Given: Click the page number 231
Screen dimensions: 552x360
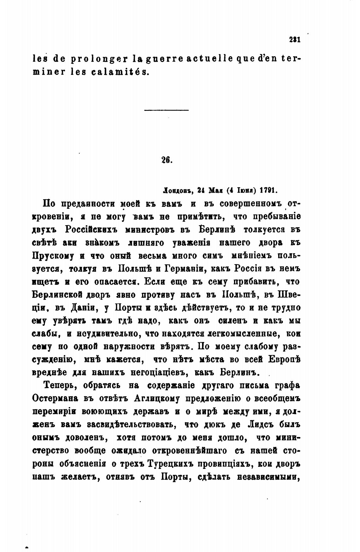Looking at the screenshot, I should click(x=294, y=40).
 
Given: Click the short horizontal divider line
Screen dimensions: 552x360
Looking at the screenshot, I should click(x=166, y=110).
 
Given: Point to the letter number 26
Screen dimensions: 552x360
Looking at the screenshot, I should click(x=166, y=160).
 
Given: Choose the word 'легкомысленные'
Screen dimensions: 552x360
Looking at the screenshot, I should click(x=241, y=333).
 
